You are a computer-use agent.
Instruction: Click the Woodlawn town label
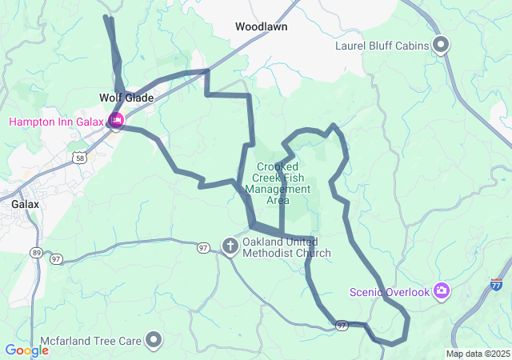[x=261, y=26]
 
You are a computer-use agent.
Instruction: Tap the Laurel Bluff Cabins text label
[x=382, y=46]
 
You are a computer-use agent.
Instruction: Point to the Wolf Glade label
[x=126, y=98]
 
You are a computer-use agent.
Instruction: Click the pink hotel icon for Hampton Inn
[x=117, y=121]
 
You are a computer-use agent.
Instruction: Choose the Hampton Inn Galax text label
[x=57, y=122]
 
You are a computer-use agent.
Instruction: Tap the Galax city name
[x=26, y=204]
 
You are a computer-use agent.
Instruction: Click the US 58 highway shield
[x=78, y=158]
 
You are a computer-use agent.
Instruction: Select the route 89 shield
[x=36, y=253]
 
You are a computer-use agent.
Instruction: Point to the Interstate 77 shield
[x=497, y=284]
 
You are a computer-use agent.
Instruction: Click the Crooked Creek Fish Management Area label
[x=277, y=183]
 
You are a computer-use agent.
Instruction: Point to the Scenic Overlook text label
[x=390, y=292]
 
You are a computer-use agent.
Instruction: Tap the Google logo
[x=26, y=350]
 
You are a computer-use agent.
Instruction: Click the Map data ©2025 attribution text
[x=477, y=354]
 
